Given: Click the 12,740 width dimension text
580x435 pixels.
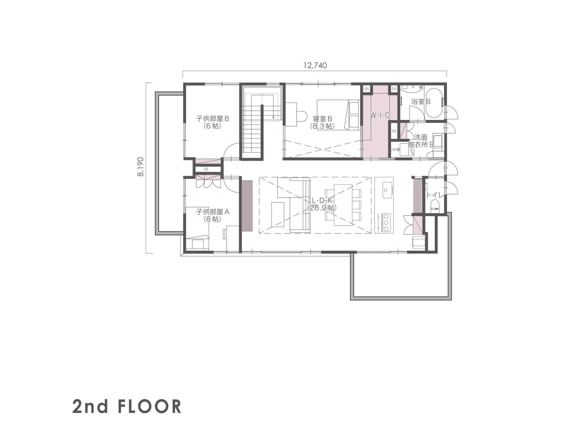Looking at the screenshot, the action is pos(315,65).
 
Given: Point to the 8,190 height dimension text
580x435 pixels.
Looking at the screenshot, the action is pos(141,167).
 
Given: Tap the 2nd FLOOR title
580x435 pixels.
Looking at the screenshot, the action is pos(127,406).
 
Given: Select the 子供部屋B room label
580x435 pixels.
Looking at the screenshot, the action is pos(212,119).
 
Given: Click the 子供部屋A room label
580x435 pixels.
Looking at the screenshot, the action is pos(212,212).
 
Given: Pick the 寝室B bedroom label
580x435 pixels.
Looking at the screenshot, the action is pos(322,119).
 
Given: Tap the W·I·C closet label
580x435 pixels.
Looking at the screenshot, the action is pos(380,115).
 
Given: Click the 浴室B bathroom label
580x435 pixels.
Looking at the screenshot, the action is pos(421,101).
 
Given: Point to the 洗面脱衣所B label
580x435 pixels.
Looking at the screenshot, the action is pos(420,141).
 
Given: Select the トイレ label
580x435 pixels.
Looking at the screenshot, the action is pos(434,195).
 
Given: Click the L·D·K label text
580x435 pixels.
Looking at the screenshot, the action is pos(322,201).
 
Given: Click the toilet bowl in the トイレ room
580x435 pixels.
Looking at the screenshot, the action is pos(435,205).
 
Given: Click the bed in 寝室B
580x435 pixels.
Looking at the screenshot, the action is pos(338,115).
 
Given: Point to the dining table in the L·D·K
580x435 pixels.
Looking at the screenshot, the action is pos(343,205).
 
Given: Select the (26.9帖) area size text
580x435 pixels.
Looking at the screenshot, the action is pos(322,208).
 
